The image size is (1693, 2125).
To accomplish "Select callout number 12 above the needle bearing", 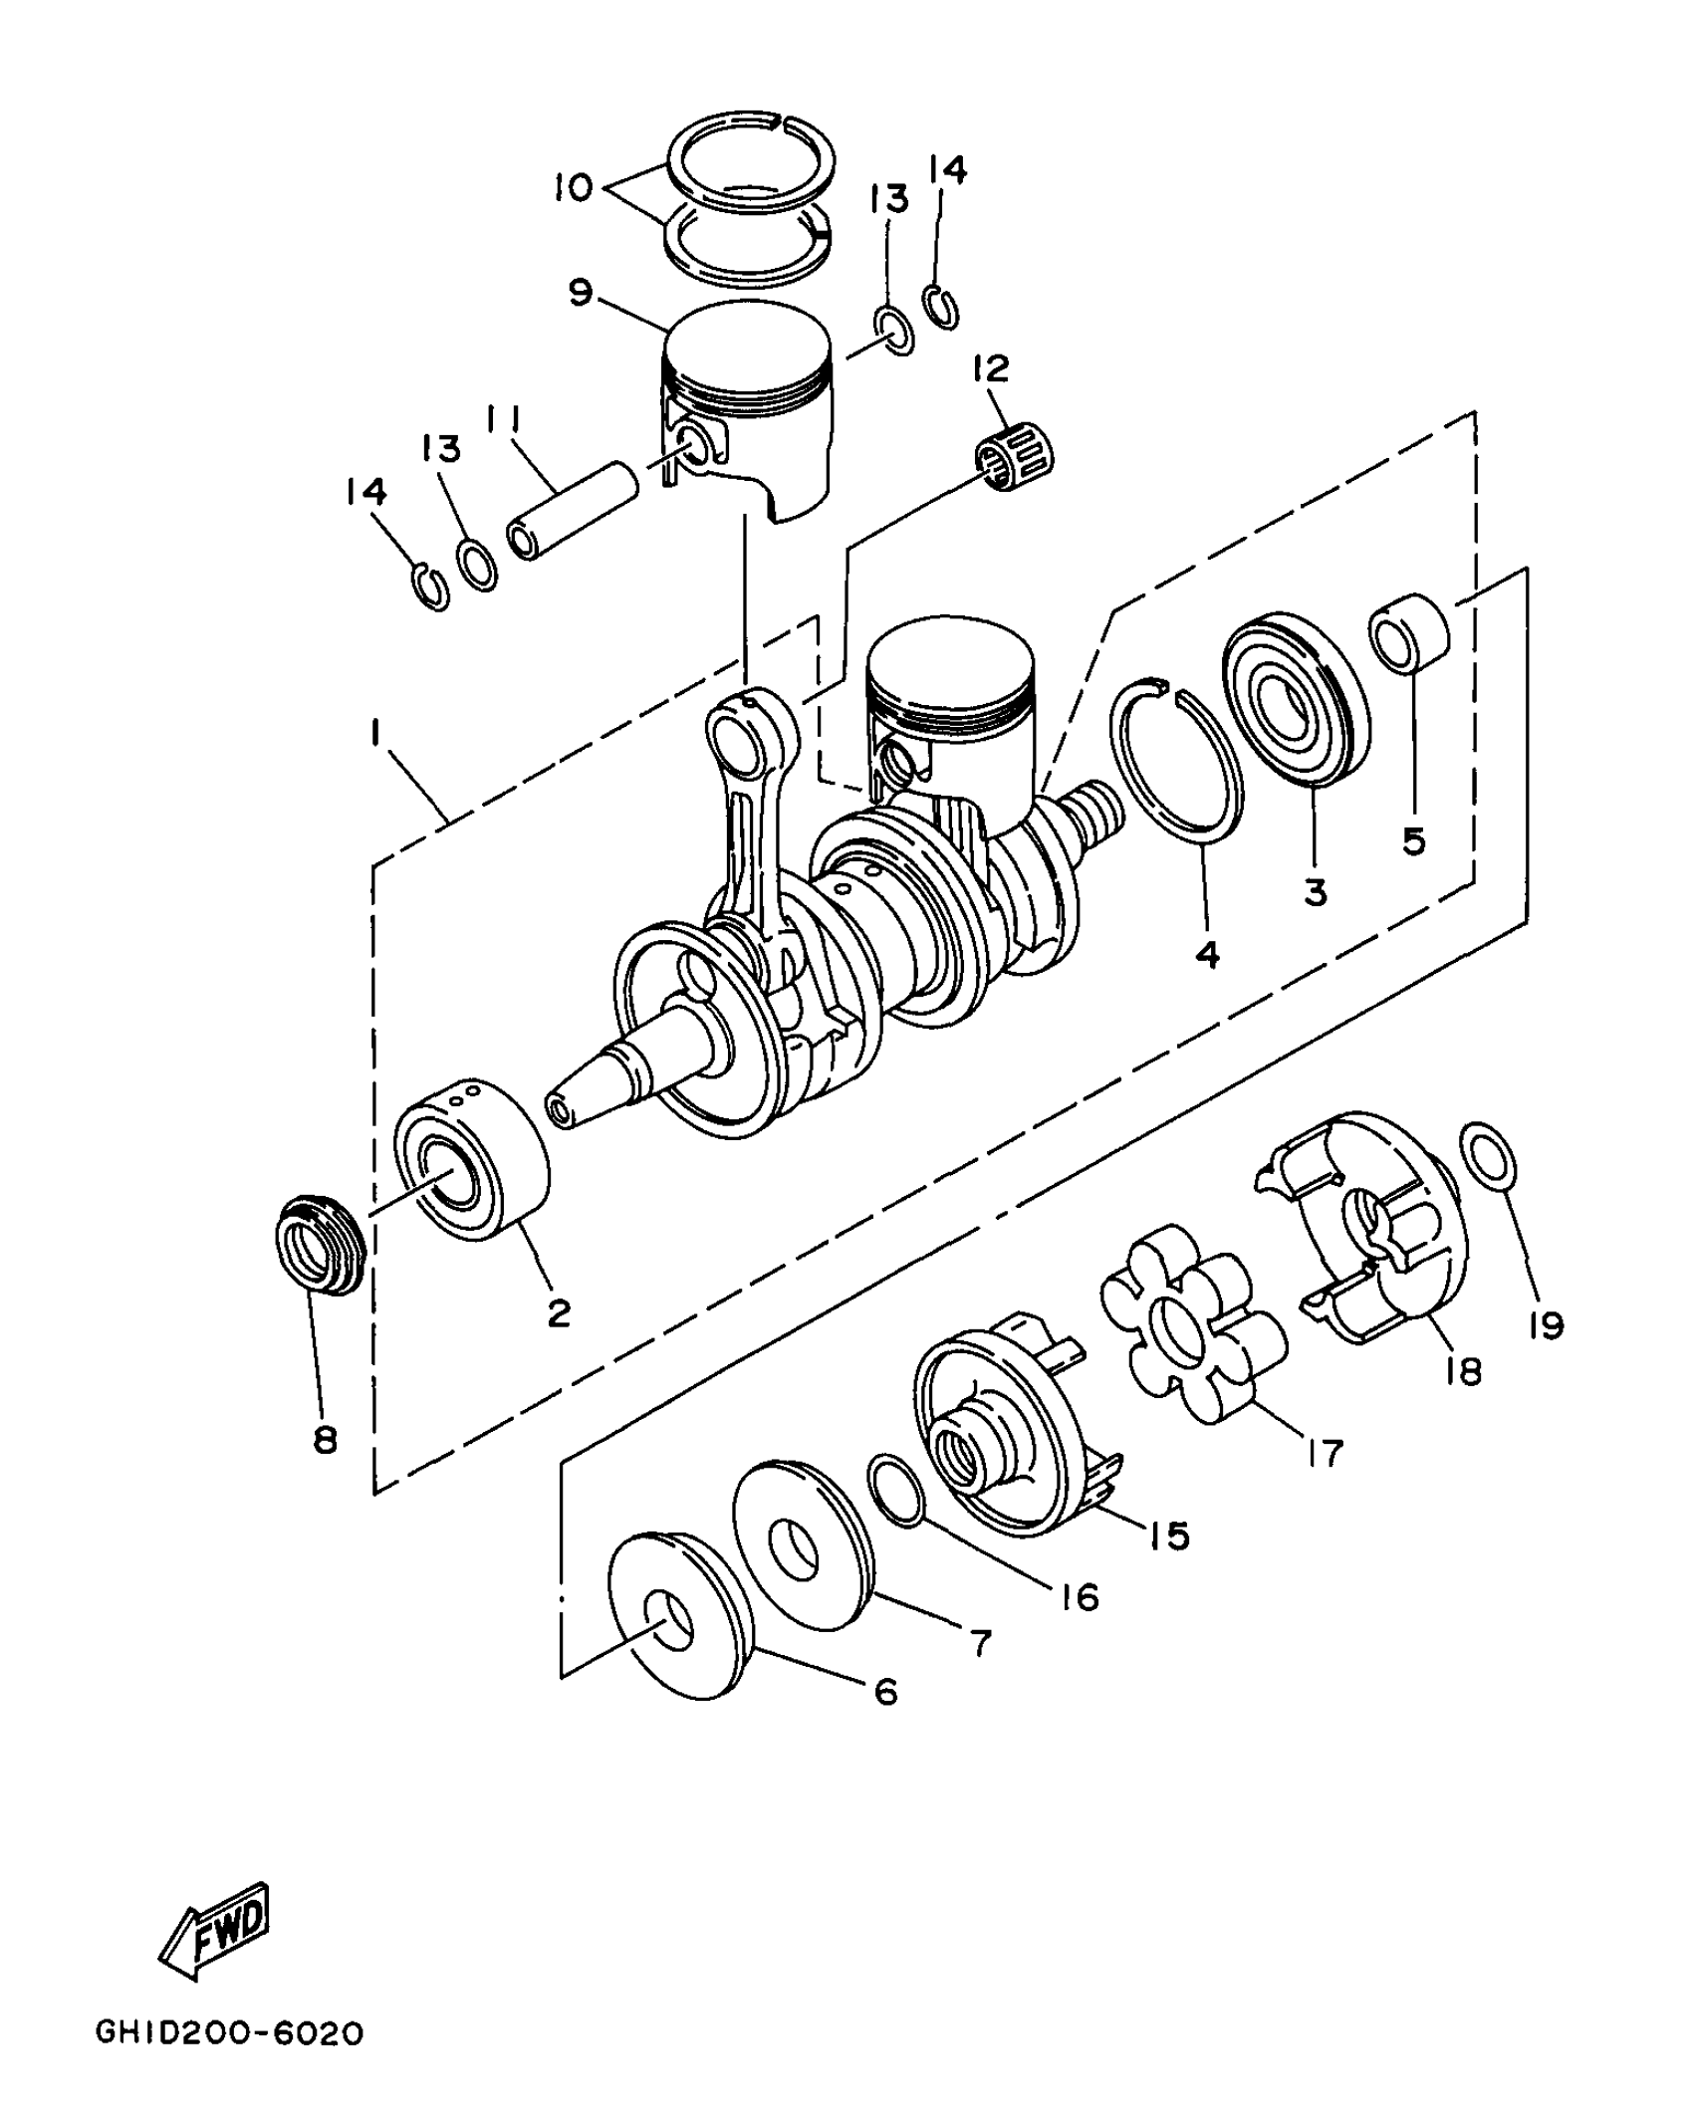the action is [991, 369].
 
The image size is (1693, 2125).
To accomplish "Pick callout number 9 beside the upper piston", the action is [581, 294].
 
